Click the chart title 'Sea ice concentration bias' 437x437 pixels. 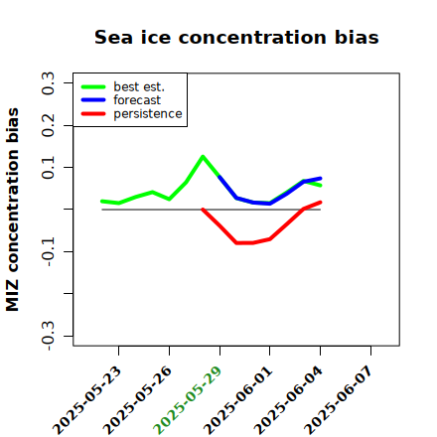point(236,37)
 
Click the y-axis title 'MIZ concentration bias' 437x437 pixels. point(13,210)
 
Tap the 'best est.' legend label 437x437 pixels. point(139,86)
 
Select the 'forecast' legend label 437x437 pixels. point(137,100)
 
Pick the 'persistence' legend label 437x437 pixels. point(148,114)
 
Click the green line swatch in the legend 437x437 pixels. point(93,87)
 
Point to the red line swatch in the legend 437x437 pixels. point(93,114)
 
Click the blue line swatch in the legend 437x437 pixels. point(93,100)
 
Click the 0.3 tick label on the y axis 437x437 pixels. point(48,83)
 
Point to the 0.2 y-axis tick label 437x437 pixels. point(48,125)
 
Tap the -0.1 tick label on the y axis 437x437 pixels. point(48,252)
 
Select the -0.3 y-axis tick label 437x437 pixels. point(48,336)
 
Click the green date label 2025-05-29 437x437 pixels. point(187,400)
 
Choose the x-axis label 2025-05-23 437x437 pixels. point(86,400)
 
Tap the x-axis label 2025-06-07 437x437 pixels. point(338,400)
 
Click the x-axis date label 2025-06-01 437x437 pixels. point(237,400)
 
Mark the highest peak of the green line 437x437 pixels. point(203,156)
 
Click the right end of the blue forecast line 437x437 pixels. point(321,179)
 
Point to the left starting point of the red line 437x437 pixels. point(203,210)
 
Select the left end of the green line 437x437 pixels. point(102,201)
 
